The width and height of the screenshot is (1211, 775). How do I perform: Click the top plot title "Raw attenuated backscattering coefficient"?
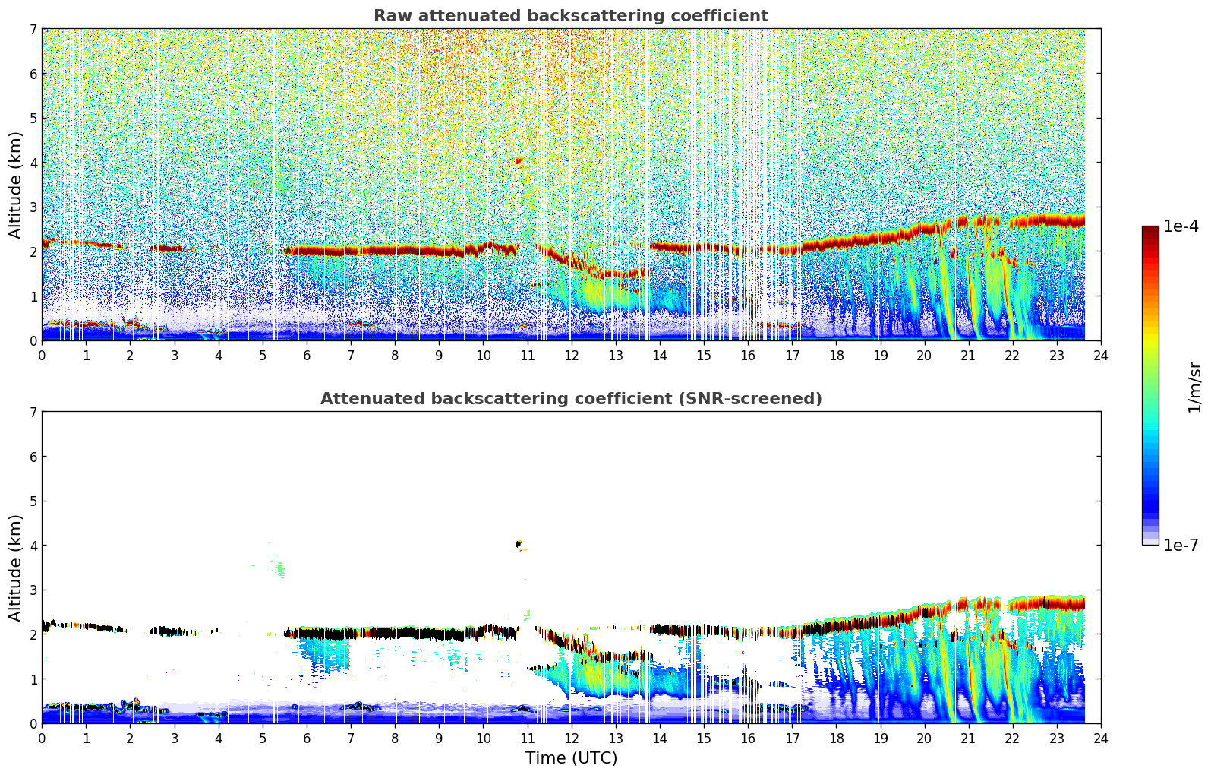570,16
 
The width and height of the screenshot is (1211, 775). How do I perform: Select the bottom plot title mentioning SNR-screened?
570,399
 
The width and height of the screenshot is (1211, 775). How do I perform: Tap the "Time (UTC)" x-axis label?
571,758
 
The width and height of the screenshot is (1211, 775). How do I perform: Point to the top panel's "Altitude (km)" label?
16,185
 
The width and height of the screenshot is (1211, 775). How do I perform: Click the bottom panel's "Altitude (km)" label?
16,568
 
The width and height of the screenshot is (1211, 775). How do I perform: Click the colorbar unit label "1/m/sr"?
1194,387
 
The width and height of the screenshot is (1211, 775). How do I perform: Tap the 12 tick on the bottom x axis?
571,738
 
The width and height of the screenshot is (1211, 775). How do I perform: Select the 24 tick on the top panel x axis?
1100,355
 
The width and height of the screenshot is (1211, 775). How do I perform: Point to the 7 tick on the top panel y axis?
33,29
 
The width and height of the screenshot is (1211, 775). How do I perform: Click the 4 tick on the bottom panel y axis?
33,546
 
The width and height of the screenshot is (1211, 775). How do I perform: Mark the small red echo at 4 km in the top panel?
519,161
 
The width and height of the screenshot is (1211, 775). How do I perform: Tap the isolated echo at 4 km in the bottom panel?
519,544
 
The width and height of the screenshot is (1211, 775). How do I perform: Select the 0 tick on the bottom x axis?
42,738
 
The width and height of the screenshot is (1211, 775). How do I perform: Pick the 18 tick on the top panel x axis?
836,355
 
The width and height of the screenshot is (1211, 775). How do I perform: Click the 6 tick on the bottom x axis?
307,738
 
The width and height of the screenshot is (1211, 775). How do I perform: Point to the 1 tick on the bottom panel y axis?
33,679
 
